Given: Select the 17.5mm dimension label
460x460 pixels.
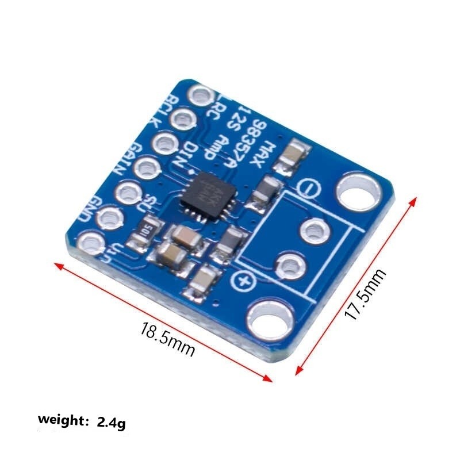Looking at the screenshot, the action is pyautogui.click(x=366, y=294).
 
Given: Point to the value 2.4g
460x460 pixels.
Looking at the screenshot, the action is pyautogui.click(x=111, y=423).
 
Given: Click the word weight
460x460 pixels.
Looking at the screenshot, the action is pyautogui.click(x=60, y=420).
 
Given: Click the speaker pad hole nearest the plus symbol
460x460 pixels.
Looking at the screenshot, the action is pyautogui.click(x=287, y=266).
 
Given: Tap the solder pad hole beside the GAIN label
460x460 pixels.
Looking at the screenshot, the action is pyautogui.click(x=148, y=168).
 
